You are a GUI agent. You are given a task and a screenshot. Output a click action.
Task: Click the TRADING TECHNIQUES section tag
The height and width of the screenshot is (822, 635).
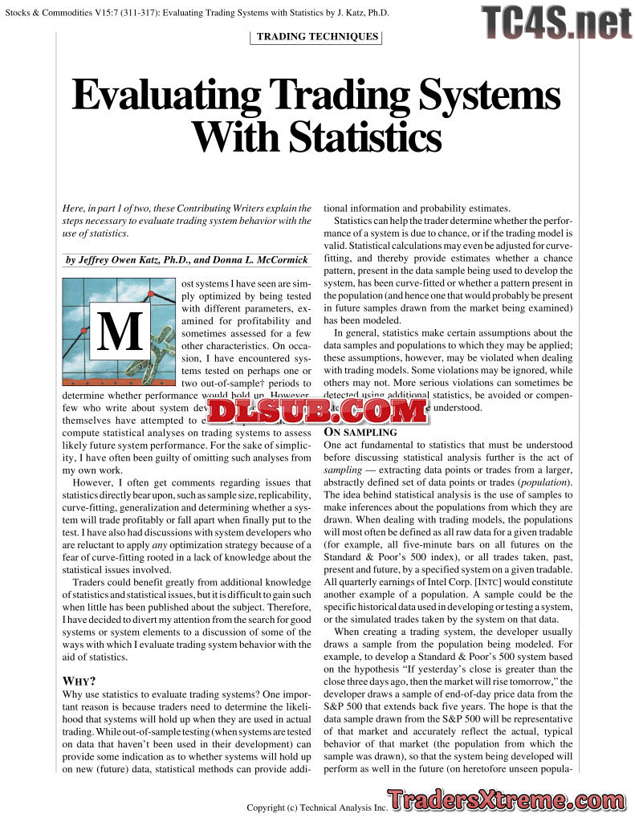[317, 36]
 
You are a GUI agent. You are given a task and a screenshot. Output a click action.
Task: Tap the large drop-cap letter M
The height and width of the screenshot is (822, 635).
[119, 329]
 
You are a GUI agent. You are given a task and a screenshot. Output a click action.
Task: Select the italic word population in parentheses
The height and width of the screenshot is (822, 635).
[543, 482]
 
